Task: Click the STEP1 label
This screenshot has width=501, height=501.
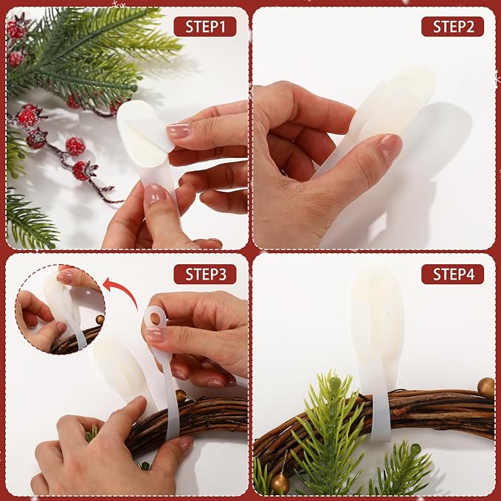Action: pos(205,27)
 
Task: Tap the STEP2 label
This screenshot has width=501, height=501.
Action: pos(452,27)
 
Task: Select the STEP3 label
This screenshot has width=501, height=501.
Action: pos(205,274)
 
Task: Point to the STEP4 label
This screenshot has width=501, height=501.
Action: pos(452,274)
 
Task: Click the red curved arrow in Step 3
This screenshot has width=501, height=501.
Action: pos(125,289)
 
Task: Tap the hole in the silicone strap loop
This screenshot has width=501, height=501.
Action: pos(156,318)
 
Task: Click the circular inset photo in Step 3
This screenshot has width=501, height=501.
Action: pos(60,309)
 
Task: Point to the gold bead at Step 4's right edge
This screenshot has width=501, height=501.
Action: pos(486,387)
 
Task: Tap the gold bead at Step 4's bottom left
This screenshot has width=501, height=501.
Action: pos(280,483)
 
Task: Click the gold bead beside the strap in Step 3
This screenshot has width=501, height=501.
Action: pos(181,395)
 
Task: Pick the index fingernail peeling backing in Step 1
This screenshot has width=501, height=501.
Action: pos(178,131)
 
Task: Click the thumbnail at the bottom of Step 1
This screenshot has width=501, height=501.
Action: pos(155,195)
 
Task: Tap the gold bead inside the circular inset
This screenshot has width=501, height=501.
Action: pos(100,319)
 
